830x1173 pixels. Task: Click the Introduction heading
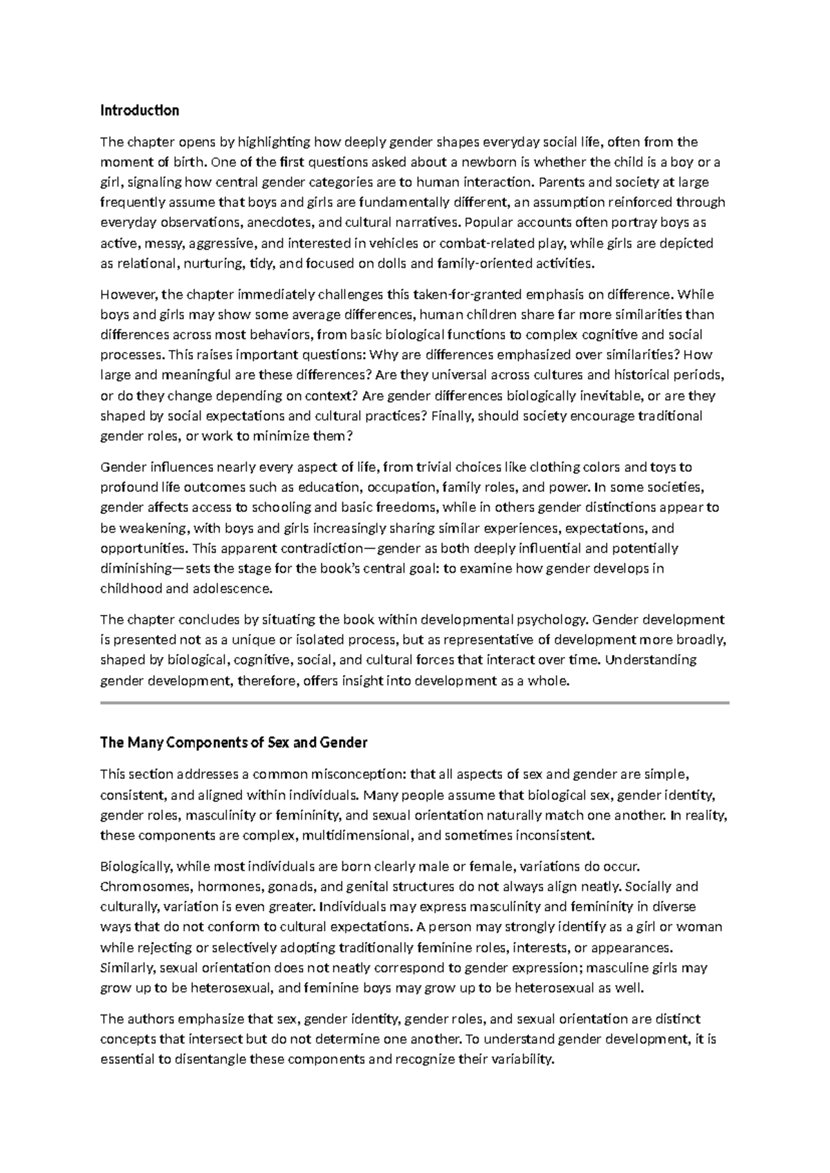140,111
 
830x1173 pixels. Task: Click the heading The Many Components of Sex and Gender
233,743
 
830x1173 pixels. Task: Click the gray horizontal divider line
415,703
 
